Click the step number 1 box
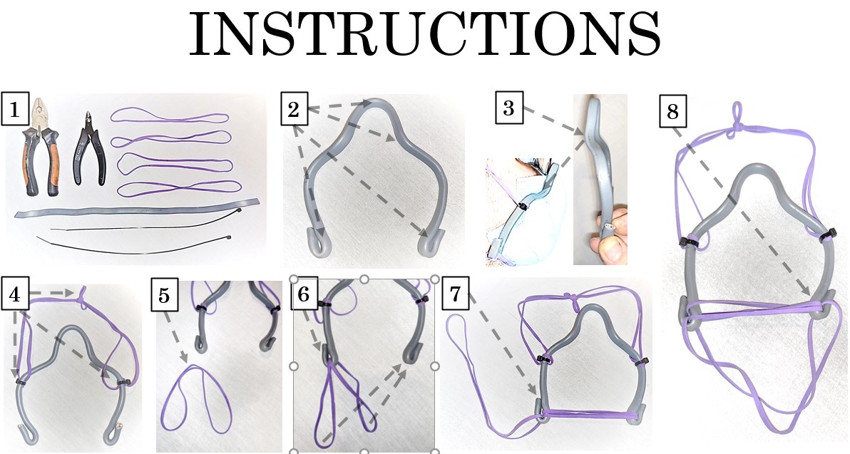point(15,110)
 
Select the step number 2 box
point(294,109)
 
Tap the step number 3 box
point(509,108)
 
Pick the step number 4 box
point(15,295)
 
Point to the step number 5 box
point(164,295)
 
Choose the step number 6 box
point(304,294)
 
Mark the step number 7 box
point(455,293)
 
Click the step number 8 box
point(672,112)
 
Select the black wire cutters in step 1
point(89,149)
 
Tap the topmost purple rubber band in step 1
point(170,117)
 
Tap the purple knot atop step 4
point(83,297)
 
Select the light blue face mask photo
point(523,212)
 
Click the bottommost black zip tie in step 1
point(135,245)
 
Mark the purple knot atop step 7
point(570,297)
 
